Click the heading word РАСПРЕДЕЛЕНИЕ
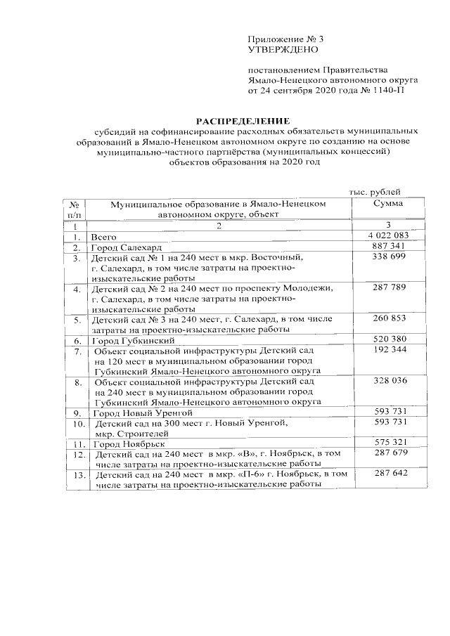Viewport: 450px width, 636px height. [x=242, y=121]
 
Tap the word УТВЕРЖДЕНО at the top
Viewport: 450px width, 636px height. [x=283, y=50]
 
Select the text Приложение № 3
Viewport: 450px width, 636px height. [x=283, y=39]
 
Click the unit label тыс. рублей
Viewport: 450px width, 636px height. [x=376, y=192]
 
